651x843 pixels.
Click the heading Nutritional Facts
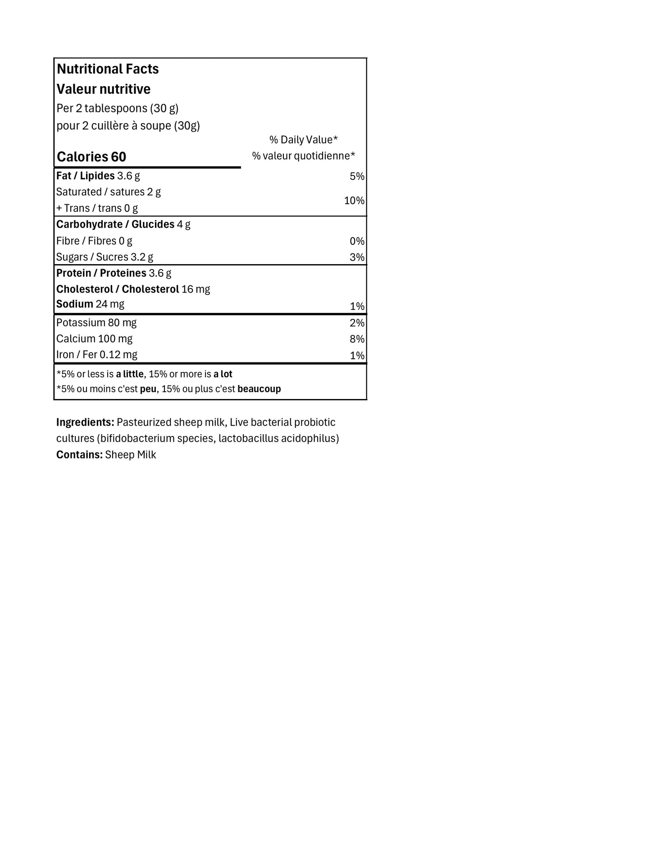pyautogui.click(x=108, y=69)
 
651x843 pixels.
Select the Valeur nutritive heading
pyautogui.click(x=104, y=89)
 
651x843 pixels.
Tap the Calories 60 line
pyautogui.click(x=91, y=157)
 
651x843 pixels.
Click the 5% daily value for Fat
pyautogui.click(x=357, y=176)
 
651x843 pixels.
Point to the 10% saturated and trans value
pyautogui.click(x=354, y=201)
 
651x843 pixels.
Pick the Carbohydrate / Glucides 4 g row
pyautogui.click(x=123, y=224)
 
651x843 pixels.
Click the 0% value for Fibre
pyautogui.click(x=357, y=241)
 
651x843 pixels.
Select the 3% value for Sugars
pyautogui.click(x=357, y=257)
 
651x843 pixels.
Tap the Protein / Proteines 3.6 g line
pyautogui.click(x=114, y=273)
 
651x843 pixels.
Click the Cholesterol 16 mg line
pyautogui.click(x=133, y=289)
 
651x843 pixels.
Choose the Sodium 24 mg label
pyautogui.click(x=90, y=304)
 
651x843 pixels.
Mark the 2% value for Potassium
pyautogui.click(x=357, y=323)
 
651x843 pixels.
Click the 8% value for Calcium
pyautogui.click(x=357, y=339)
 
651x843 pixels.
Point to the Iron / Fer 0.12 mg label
pyautogui.click(x=96, y=355)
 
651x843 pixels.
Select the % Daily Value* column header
pyautogui.click(x=303, y=140)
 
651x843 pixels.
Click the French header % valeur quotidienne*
pyautogui.click(x=303, y=156)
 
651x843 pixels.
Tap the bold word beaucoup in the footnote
pyautogui.click(x=259, y=389)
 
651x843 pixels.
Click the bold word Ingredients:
pyautogui.click(x=85, y=422)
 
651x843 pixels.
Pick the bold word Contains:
pyautogui.click(x=79, y=455)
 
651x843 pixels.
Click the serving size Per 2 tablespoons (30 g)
pyautogui.click(x=118, y=109)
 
